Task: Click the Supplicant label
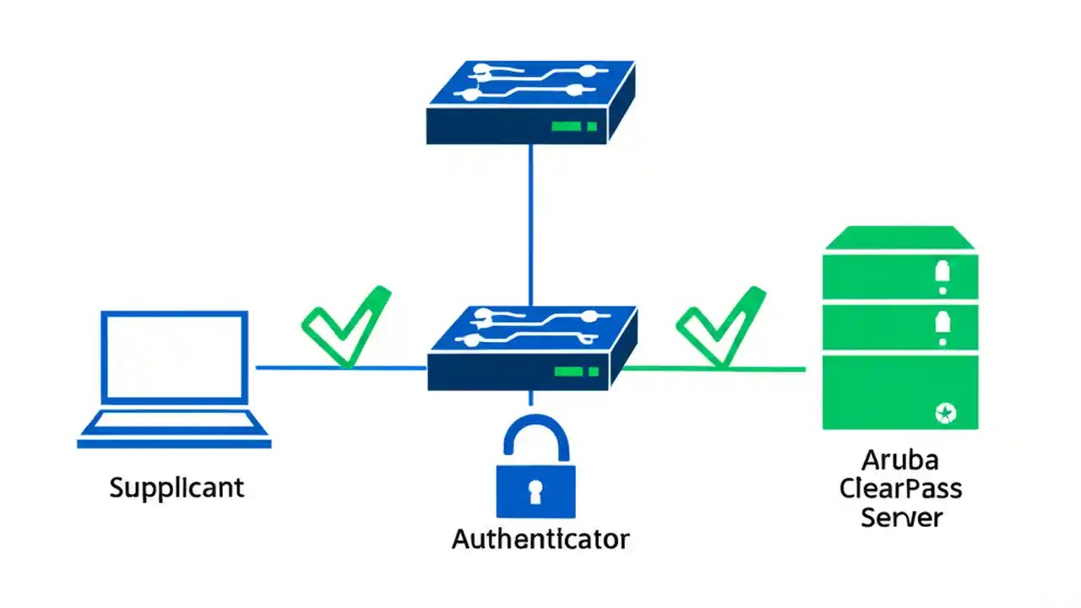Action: (177, 487)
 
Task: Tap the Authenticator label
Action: (540, 539)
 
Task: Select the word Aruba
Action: (900, 461)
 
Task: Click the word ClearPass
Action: (900, 488)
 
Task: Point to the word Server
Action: (900, 516)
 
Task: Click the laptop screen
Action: (175, 356)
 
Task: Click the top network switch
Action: (530, 101)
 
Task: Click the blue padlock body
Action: (535, 490)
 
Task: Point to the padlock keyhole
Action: (535, 491)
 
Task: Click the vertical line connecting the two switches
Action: (530, 224)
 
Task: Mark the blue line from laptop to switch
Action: (338, 368)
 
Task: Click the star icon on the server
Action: (943, 413)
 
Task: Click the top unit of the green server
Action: (900, 275)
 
